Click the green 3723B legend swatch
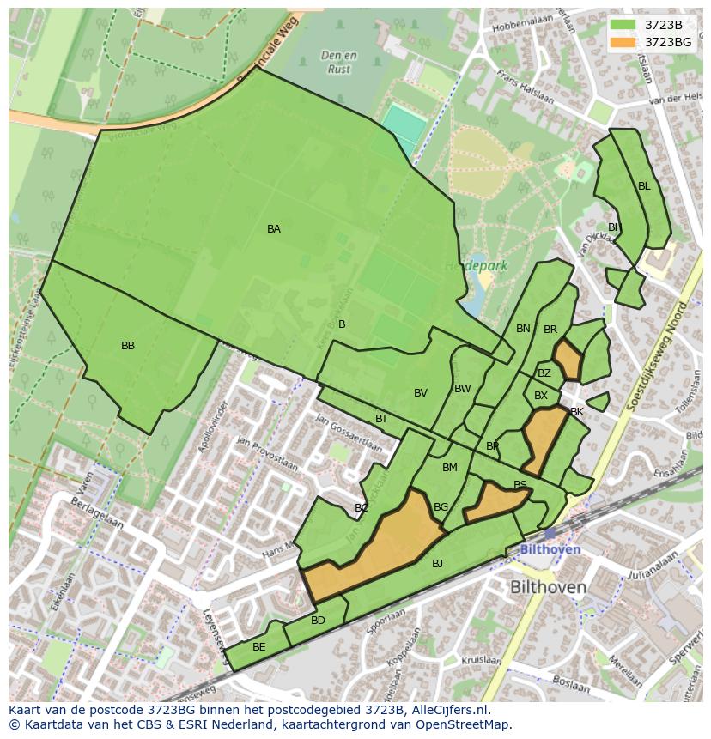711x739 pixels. point(623,25)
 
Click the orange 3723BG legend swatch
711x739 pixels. point(623,42)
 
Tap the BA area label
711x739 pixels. point(273,229)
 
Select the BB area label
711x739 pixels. point(128,346)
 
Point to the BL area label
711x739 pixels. point(644,186)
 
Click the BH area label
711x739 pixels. point(614,227)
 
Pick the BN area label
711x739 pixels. point(523,329)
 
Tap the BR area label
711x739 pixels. point(550,330)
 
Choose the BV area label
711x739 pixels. point(421,393)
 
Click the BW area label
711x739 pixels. point(463,389)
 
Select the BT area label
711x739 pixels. point(381,419)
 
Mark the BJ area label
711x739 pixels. point(437,564)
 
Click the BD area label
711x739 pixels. point(318,621)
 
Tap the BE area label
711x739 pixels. point(258,647)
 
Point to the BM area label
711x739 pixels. point(450,468)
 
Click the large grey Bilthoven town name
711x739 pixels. point(548,588)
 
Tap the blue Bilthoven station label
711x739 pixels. point(550,549)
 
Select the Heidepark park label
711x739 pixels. point(476,266)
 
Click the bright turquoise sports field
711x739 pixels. point(404,128)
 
